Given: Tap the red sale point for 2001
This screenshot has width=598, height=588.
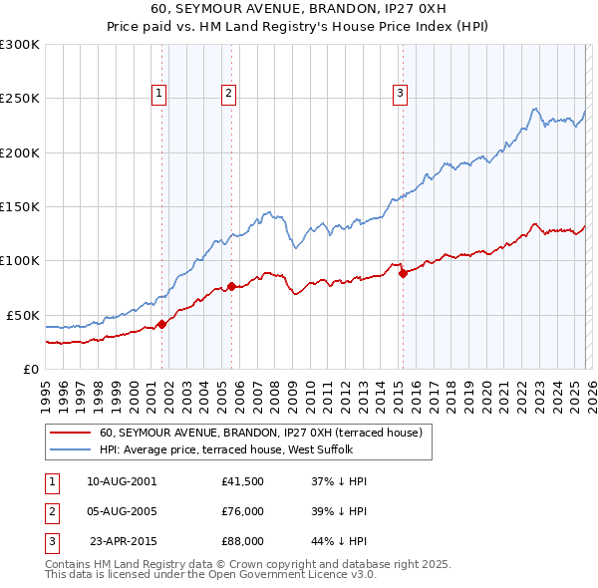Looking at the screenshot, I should click(161, 324).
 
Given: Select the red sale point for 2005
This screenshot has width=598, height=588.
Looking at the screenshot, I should click(231, 287).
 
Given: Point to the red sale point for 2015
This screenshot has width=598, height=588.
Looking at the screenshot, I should click(403, 274).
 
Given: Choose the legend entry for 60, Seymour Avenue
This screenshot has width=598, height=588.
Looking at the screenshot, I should click(261, 433).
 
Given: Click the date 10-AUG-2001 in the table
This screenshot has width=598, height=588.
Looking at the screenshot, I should click(122, 480).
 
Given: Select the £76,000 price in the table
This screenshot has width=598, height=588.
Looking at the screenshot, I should click(242, 511).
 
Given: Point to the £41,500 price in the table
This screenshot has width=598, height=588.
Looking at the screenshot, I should click(242, 480).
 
